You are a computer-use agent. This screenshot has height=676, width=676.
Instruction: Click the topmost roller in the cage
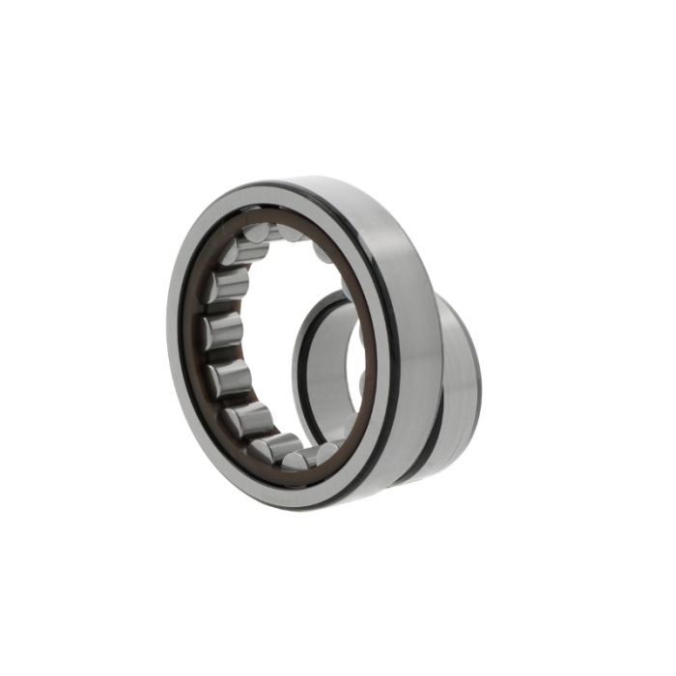(x=259, y=233)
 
